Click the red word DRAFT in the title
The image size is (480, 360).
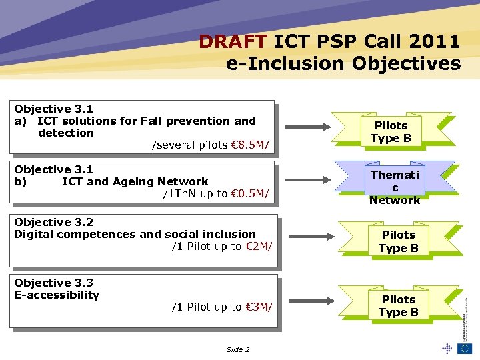click(233, 41)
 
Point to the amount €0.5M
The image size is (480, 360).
click(250, 194)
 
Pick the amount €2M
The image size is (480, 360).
click(256, 247)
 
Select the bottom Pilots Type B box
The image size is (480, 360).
click(399, 305)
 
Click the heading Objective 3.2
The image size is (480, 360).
click(53, 222)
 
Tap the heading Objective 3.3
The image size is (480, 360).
click(53, 283)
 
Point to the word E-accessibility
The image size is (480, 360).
click(57, 295)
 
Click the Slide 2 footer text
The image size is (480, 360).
click(237, 349)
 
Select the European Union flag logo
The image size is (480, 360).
click(465, 348)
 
